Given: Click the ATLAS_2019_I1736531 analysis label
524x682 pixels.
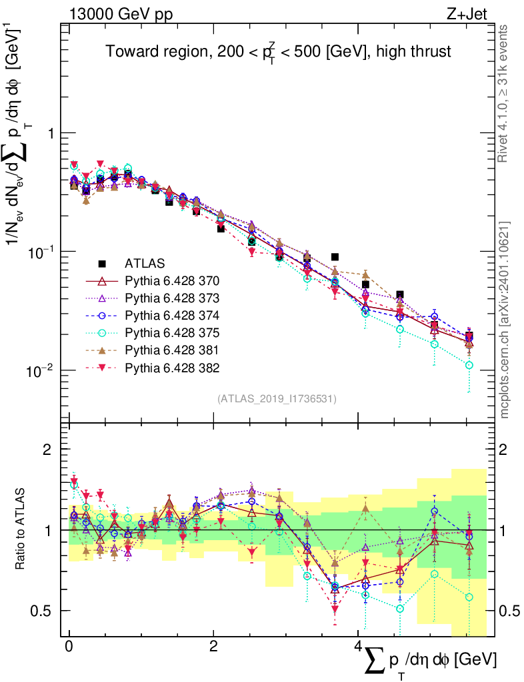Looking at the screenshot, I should tap(276, 399).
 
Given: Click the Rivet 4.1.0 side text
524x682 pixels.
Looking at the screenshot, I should tap(504, 93).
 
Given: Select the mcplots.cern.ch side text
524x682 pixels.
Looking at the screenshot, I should tap(504, 320).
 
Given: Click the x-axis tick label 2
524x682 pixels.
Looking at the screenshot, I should tap(213, 646).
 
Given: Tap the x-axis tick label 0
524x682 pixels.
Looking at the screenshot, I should tap(69, 646).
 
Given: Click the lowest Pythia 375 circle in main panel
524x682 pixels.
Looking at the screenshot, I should tap(469, 365).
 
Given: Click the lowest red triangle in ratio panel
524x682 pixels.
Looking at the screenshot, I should tap(335, 609).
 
